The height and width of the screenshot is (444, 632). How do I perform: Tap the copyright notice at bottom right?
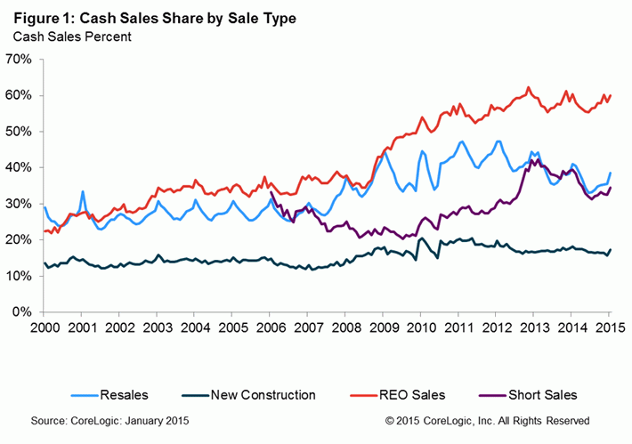click(487, 419)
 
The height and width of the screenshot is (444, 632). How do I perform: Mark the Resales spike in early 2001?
click(83, 191)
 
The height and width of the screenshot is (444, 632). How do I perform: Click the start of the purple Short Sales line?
click(271, 192)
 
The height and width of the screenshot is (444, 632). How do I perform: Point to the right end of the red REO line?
click(610, 95)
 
